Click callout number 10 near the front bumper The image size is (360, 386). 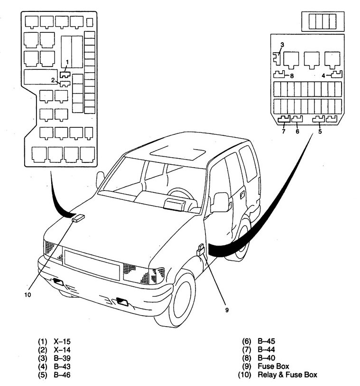(28, 295)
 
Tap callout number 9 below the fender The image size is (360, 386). (227, 310)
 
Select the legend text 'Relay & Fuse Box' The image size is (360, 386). (287, 375)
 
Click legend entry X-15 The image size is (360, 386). (62, 341)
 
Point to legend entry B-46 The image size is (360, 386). (62, 375)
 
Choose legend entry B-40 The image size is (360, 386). (266, 358)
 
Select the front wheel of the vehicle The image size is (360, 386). (181, 299)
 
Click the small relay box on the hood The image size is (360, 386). (78, 218)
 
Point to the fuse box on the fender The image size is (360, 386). (201, 249)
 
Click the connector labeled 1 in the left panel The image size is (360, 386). (65, 74)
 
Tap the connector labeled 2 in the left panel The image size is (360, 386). (65, 84)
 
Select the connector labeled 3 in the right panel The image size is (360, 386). (277, 59)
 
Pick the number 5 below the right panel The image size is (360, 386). (320, 132)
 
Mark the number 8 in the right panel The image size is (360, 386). (292, 76)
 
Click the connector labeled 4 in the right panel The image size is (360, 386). (336, 74)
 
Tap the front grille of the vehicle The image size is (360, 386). (92, 264)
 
